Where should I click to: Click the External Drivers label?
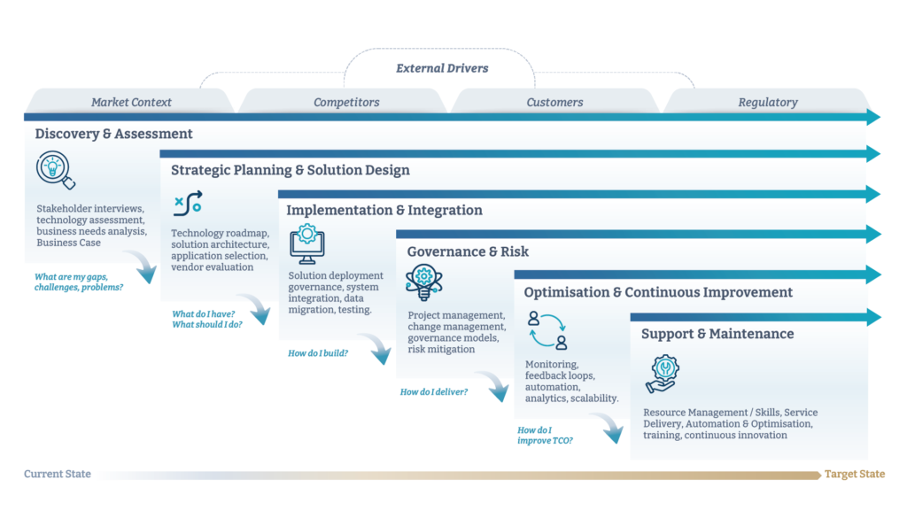click(442, 68)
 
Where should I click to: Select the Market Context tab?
click(131, 102)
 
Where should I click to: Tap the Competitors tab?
click(346, 102)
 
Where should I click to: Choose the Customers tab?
click(554, 102)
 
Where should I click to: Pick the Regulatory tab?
click(768, 102)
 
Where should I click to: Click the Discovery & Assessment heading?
click(113, 134)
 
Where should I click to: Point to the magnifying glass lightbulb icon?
click(56, 170)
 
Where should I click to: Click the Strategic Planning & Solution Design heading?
click(291, 170)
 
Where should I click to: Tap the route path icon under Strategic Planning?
click(188, 204)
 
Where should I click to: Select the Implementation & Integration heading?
click(384, 210)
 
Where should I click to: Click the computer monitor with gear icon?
click(307, 244)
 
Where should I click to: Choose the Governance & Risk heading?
click(468, 251)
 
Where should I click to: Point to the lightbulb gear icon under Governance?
click(424, 282)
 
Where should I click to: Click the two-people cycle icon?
click(547, 330)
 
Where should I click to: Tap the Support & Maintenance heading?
click(717, 334)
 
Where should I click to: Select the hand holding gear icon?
click(663, 374)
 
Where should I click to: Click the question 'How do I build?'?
click(318, 353)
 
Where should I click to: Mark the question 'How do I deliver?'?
click(434, 392)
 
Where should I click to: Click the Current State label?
click(58, 474)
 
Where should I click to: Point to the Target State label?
click(855, 474)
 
